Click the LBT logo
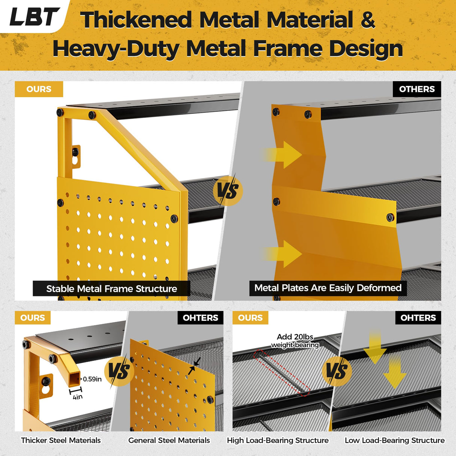pos(34,17)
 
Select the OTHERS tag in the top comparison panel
pos(417,89)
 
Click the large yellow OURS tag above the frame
pos(39,89)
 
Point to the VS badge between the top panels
pos(228,191)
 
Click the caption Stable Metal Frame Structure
pos(112,288)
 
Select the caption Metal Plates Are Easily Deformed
pos(328,288)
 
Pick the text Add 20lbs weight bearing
pos(295,341)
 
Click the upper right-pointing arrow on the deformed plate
pos(282,155)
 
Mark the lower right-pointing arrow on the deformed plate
pos(282,254)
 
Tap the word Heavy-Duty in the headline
pos(116,49)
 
